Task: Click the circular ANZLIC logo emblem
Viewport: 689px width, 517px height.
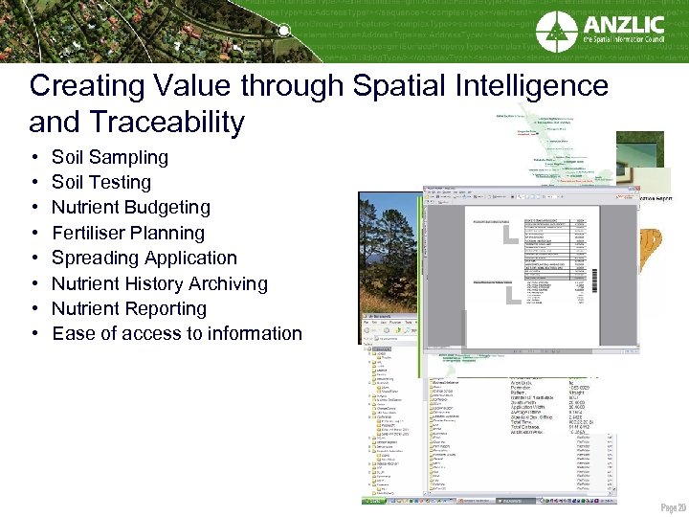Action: coord(557,32)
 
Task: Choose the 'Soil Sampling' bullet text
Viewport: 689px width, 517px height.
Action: coord(109,157)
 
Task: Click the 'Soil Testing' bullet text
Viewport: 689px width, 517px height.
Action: coord(100,182)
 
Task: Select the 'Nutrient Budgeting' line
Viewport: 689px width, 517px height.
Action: coord(130,207)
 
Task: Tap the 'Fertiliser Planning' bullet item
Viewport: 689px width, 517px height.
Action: coord(127,233)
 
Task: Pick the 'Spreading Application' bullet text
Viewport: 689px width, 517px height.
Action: coord(144,258)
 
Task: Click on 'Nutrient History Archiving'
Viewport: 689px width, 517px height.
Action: coord(159,283)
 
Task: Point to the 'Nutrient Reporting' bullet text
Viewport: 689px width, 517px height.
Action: coord(128,308)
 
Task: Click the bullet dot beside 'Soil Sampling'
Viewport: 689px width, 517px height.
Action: coord(34,157)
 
